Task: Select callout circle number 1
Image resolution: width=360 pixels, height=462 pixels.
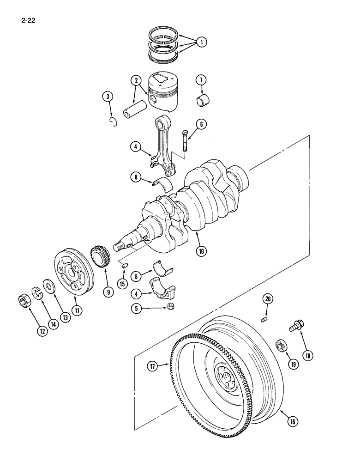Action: [x=200, y=42]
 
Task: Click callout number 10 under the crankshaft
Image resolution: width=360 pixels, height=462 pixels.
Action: [x=201, y=252]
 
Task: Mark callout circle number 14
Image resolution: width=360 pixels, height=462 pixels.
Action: [x=53, y=324]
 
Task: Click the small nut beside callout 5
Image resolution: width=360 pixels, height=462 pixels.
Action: [x=170, y=307]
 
